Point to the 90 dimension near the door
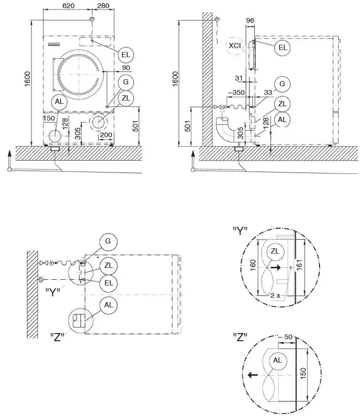[x=112, y=68]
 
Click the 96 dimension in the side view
[x=250, y=20]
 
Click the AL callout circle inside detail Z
[x=277, y=361]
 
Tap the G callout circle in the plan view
[x=108, y=242]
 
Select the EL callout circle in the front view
[x=126, y=55]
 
